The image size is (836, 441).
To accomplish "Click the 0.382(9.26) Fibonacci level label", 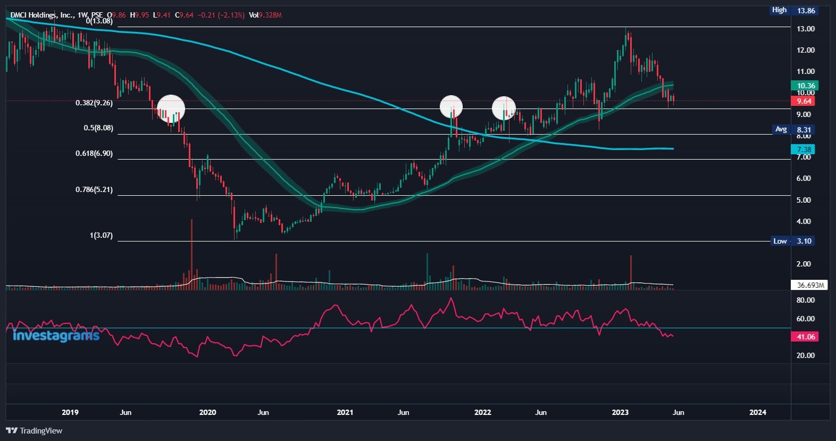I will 94,103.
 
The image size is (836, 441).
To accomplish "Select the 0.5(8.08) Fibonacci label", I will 98,128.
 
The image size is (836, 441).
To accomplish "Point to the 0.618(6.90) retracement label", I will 94,153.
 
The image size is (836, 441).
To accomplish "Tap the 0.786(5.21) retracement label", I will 94,189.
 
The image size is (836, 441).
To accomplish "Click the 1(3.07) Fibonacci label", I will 101,235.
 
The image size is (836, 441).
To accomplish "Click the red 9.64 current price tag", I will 804,101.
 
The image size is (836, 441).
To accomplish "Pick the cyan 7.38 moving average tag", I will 804,149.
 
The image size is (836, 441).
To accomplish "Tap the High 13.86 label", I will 794,10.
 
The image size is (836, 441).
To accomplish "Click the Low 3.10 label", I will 792,241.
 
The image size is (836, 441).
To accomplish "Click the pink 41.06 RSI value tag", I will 805,337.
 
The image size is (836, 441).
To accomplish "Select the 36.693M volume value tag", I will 810,285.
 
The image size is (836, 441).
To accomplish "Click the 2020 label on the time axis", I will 207,412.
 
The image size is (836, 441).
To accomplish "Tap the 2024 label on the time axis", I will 758,412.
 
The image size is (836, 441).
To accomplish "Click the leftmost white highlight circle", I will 171,108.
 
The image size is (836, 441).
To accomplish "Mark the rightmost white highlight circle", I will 504,108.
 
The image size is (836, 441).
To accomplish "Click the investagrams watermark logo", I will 55,336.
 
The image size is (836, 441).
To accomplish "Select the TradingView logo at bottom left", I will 35,430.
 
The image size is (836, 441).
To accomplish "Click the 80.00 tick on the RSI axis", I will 805,300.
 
